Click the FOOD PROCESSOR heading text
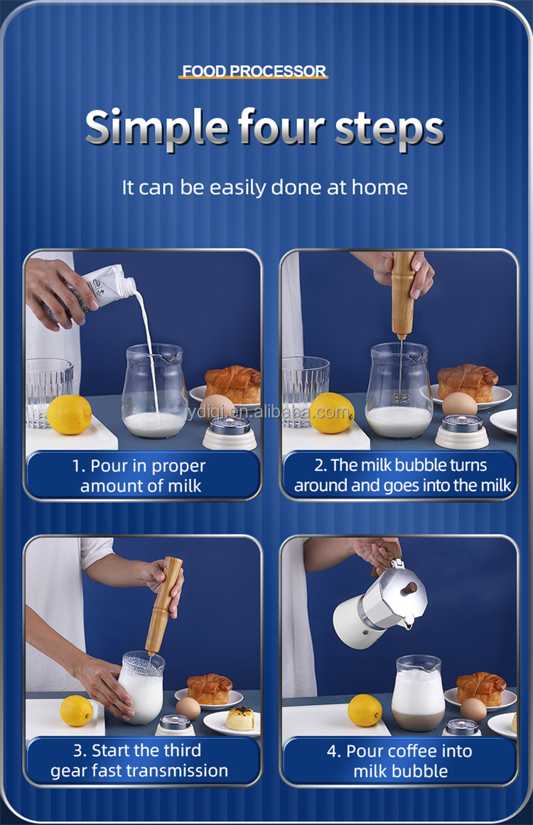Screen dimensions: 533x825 click(x=254, y=71)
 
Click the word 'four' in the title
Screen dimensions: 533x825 click(x=281, y=126)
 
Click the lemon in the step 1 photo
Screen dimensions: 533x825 click(x=69, y=414)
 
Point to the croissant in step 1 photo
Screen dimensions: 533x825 click(x=233, y=382)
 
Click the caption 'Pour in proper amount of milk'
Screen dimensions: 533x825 click(x=140, y=475)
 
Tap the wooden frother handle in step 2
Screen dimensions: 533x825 click(x=402, y=293)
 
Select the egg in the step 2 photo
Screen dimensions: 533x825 click(x=459, y=404)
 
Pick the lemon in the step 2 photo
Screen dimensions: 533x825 click(x=331, y=413)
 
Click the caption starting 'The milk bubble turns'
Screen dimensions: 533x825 click(x=402, y=475)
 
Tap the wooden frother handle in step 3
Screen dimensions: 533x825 click(x=164, y=605)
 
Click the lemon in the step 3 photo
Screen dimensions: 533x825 click(x=76, y=711)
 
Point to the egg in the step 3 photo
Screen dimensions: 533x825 click(x=188, y=708)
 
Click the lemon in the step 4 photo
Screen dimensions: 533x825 click(x=365, y=710)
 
